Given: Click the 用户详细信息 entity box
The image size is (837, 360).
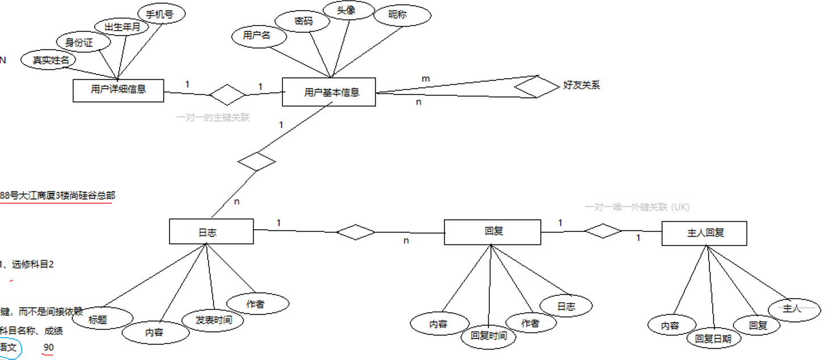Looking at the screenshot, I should click(x=118, y=90).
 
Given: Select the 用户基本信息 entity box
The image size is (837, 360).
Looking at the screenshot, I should click(x=329, y=92).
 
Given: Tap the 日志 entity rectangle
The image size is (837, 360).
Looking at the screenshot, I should click(x=211, y=231).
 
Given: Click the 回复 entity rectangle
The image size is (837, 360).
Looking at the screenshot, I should click(x=492, y=232).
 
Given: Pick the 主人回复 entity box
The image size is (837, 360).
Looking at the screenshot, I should click(x=704, y=232).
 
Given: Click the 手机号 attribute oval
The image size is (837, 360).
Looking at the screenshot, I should click(x=162, y=14).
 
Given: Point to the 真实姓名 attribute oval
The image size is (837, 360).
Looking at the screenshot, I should click(x=47, y=60).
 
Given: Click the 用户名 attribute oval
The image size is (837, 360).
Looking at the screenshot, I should click(x=259, y=36).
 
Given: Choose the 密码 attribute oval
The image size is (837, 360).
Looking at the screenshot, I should click(x=302, y=21).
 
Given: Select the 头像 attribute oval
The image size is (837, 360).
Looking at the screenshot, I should click(x=349, y=10).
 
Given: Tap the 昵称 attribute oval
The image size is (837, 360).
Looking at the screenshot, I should click(x=398, y=15).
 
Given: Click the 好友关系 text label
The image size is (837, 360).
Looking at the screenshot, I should click(x=581, y=86).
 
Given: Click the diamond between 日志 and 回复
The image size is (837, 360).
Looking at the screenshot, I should click(x=356, y=232).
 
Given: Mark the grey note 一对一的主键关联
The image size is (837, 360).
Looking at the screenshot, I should click(x=213, y=118).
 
